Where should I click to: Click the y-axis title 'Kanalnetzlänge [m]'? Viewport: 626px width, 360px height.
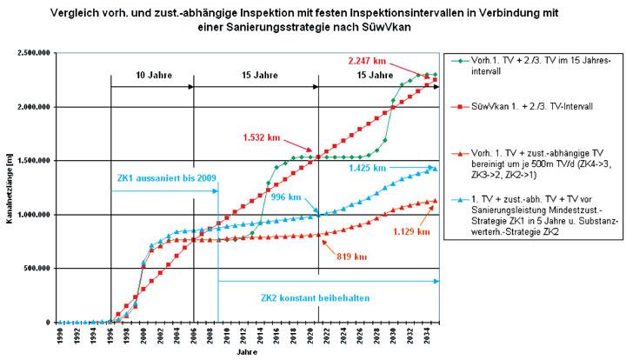8,188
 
